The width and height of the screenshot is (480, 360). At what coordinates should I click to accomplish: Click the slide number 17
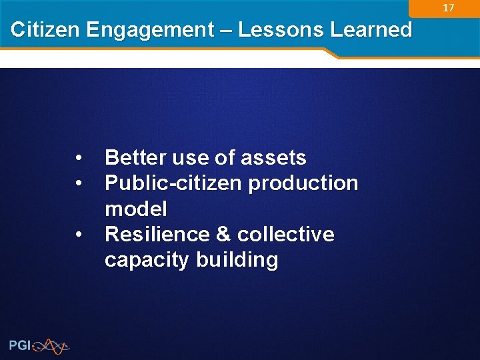(449, 8)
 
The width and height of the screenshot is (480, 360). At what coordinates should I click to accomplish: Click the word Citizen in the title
(45, 30)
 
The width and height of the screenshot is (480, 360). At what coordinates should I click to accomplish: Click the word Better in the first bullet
(136, 158)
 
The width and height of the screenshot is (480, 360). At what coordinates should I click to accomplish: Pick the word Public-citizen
(174, 183)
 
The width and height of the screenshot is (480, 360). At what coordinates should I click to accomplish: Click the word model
(135, 209)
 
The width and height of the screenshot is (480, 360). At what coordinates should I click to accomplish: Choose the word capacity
(147, 260)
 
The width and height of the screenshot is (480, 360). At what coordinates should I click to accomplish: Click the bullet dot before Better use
(79, 159)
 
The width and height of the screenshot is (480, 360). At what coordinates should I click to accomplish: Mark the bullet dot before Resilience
(79, 235)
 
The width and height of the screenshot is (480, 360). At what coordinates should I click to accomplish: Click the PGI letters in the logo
(19, 345)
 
